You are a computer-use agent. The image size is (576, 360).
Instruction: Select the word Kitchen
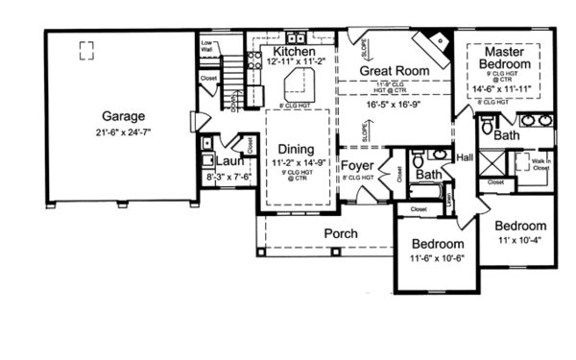pyautogui.click(x=294, y=50)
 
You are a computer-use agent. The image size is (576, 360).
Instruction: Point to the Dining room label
pyautogui.click(x=297, y=149)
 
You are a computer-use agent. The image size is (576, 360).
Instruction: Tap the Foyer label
pyautogui.click(x=357, y=166)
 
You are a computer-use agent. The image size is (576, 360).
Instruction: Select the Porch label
pyautogui.click(x=340, y=233)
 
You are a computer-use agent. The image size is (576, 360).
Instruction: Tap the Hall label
pyautogui.click(x=465, y=157)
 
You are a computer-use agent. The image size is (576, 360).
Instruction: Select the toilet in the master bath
pyautogui.click(x=486, y=126)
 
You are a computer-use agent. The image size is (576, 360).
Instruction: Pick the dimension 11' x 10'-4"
pyautogui.click(x=519, y=240)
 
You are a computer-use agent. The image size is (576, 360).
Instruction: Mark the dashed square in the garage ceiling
pyautogui.click(x=87, y=49)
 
